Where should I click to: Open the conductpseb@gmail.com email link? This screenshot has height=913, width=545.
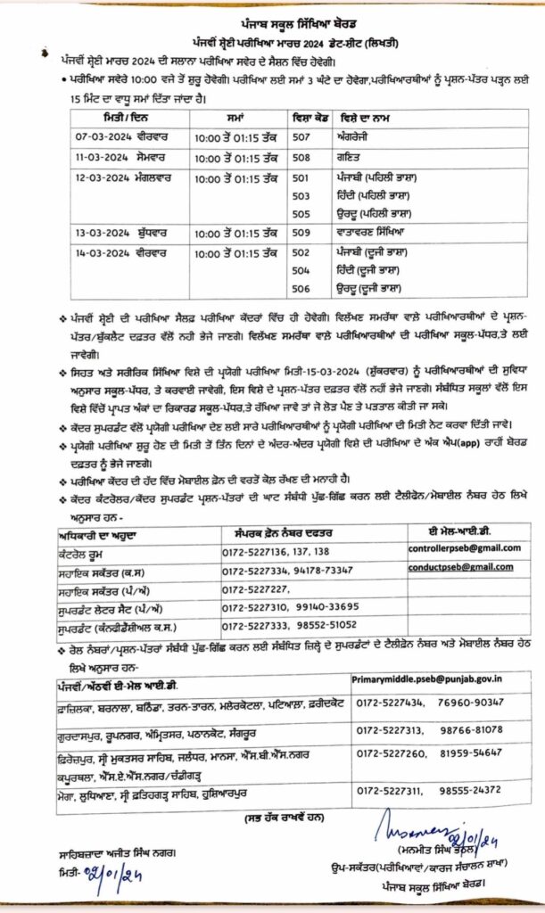461,567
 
